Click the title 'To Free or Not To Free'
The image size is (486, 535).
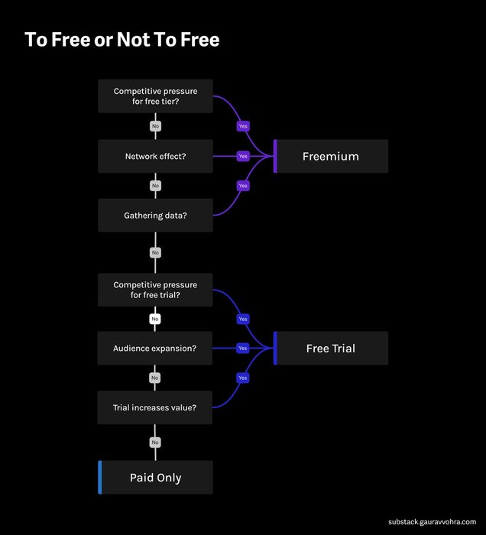coord(122,40)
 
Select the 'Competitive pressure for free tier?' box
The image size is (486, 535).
coord(156,96)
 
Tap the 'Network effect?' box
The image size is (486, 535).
coord(156,156)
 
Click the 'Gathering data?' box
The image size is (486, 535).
coord(156,216)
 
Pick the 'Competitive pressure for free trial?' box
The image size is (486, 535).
coord(156,290)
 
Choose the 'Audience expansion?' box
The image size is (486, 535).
coord(156,348)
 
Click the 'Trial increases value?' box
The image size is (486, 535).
coord(156,407)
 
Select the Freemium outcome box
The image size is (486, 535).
coord(331,156)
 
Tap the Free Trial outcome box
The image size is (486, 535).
coord(331,348)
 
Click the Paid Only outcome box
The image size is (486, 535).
coord(156,478)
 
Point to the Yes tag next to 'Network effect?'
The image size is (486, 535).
coord(243,156)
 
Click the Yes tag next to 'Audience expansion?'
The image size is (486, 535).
coord(243,348)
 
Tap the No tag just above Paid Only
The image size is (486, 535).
coord(155,442)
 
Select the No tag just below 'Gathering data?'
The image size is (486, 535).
coord(155,252)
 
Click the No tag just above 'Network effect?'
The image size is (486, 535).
coord(155,125)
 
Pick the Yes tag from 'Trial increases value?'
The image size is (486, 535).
coord(243,378)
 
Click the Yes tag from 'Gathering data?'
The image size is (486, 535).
coord(243,186)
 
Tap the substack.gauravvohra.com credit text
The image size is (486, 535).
coord(432,521)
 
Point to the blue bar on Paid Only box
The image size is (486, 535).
coord(100,478)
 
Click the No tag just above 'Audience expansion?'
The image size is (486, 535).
coord(155,319)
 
